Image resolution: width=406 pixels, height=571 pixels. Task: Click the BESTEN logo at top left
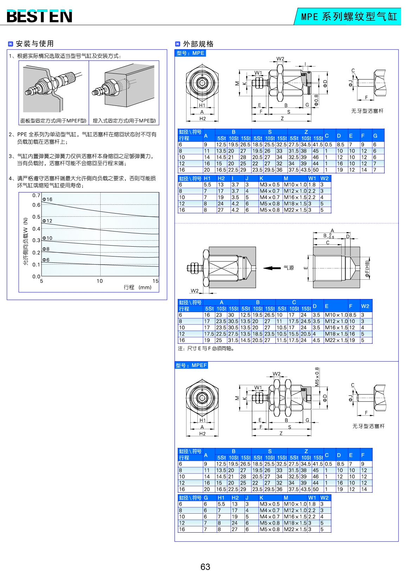click(x=39, y=16)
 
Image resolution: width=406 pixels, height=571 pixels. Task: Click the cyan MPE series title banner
click(x=348, y=17)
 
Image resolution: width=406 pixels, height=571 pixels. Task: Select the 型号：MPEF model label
click(x=191, y=365)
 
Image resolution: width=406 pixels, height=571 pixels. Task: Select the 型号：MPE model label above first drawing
click(x=190, y=53)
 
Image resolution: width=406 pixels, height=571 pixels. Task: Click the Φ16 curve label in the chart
click(x=47, y=199)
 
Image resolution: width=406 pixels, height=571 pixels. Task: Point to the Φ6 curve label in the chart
click(x=46, y=260)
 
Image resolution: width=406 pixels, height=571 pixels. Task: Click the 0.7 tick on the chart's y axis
click(x=36, y=195)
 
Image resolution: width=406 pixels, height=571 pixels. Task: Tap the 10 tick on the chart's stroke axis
click(x=100, y=281)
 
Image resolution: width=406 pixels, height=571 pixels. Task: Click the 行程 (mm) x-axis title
click(x=138, y=287)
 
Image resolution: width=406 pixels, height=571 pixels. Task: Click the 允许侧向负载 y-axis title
click(x=25, y=241)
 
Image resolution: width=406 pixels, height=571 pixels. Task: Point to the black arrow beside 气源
click(x=272, y=268)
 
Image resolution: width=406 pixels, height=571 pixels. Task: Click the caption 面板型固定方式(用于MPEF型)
click(x=53, y=121)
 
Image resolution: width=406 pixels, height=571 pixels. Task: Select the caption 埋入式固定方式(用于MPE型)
click(x=124, y=121)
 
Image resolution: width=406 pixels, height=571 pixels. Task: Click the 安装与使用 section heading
click(x=34, y=44)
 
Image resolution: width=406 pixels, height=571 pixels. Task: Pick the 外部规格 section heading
click(x=198, y=44)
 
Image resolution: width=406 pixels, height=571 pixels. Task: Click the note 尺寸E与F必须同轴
click(x=206, y=348)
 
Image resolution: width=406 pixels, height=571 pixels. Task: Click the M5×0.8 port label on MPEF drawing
click(x=317, y=377)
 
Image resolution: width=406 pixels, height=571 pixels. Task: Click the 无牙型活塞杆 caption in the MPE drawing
click(x=367, y=111)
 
